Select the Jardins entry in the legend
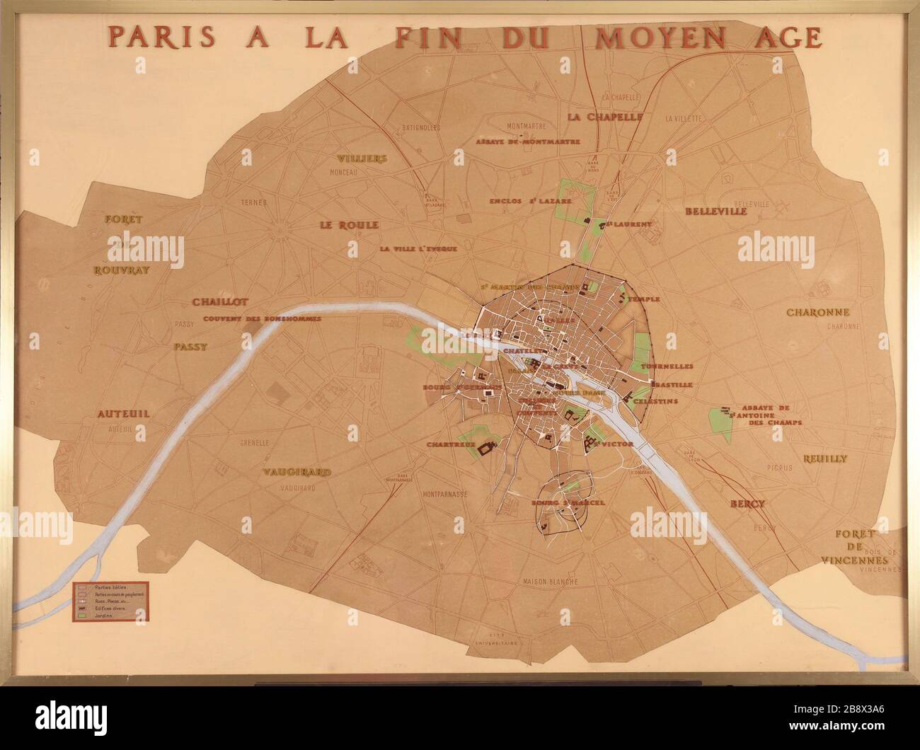pos(96,616)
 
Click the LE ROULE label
pos(348,225)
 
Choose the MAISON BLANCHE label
pos(551,582)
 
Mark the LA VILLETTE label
pos(684,119)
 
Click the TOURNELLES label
pos(667,367)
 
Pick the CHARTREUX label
pos(449,444)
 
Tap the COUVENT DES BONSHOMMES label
pos(262,318)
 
